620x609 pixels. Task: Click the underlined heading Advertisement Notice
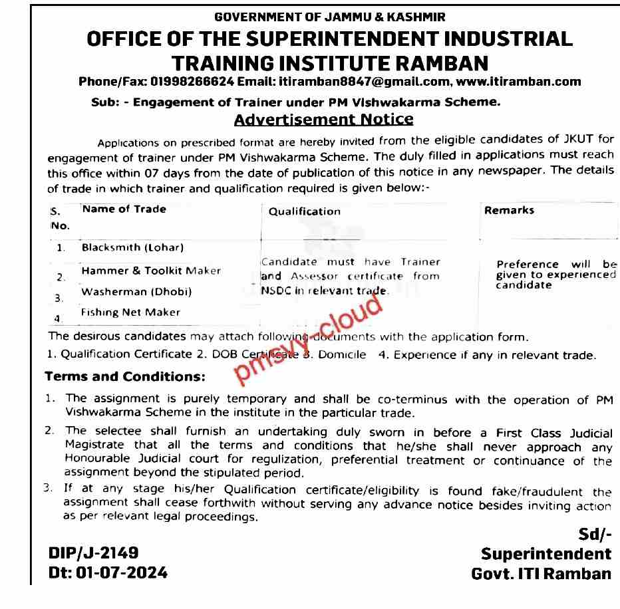tap(324, 120)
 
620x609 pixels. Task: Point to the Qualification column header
tap(304, 211)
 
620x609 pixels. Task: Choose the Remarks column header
tap(509, 210)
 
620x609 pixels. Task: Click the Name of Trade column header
tap(124, 209)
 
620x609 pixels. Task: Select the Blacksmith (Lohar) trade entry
tap(132, 247)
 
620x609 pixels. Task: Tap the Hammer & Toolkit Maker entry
tap(151, 271)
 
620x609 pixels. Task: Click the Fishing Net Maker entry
tap(131, 312)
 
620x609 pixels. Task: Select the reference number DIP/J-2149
tap(94, 553)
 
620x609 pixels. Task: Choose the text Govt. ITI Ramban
tap(541, 573)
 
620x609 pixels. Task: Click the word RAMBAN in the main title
tap(433, 62)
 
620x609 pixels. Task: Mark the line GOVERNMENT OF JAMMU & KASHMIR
tap(330, 16)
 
